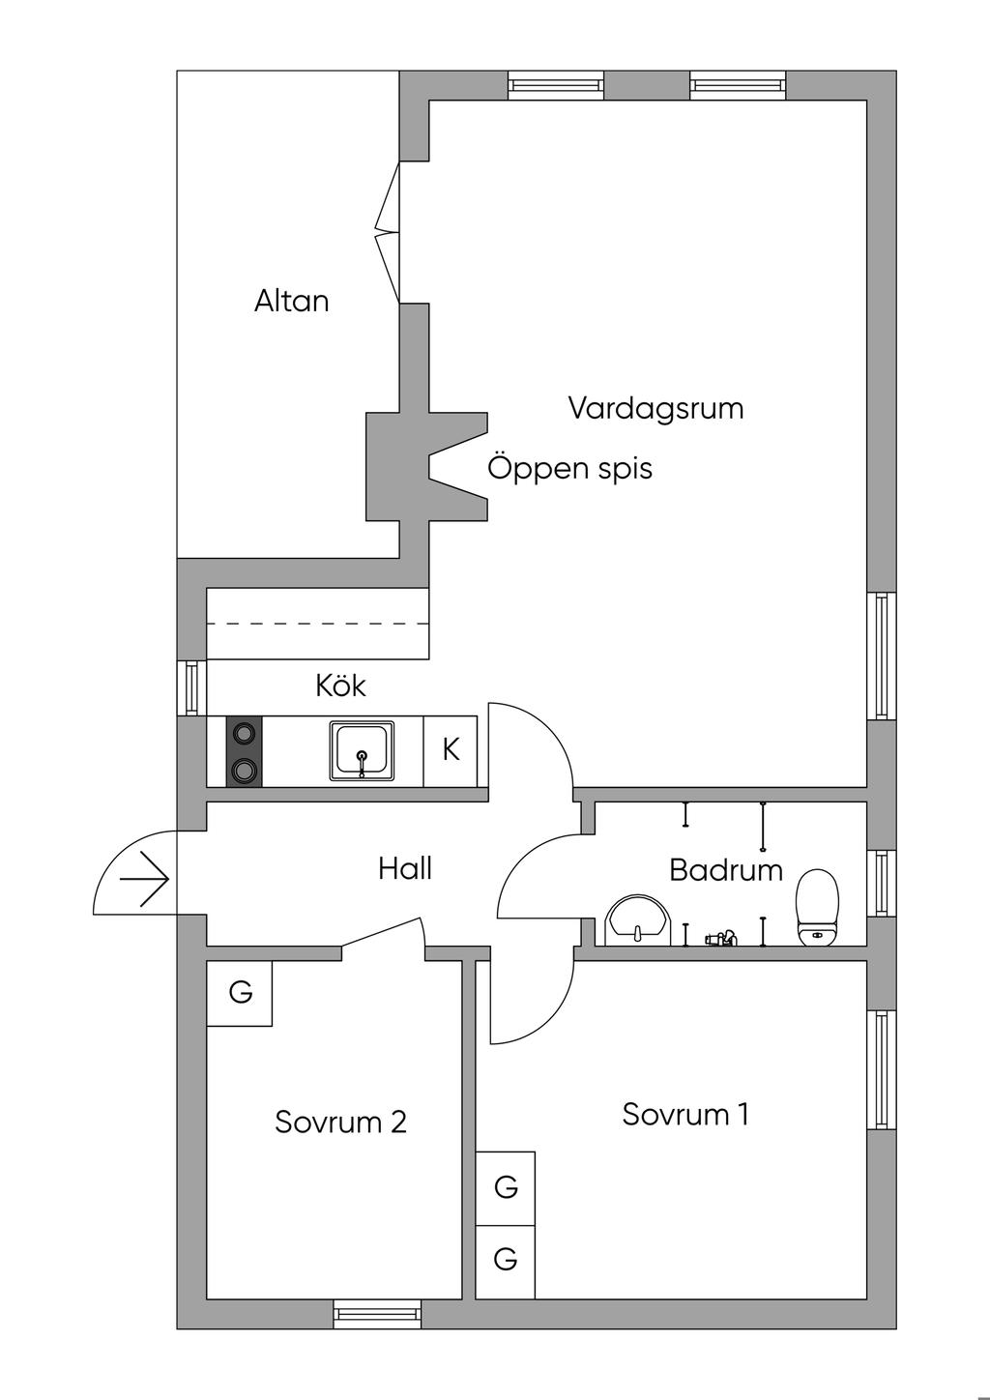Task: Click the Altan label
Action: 291,301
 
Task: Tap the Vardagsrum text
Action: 655,407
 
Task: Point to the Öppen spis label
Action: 569,468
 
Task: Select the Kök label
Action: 340,685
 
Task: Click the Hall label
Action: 404,868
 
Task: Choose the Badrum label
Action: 725,869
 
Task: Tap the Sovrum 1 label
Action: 685,1114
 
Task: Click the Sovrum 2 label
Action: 340,1122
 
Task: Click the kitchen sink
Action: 363,750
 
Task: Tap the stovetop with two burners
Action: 244,751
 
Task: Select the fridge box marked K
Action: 451,750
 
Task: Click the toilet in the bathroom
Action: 817,906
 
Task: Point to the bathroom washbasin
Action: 637,919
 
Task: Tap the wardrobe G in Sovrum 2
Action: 240,992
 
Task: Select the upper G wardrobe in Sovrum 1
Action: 506,1187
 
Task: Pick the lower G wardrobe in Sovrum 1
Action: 506,1260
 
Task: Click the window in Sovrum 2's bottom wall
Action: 377,1312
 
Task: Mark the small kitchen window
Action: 191,687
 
